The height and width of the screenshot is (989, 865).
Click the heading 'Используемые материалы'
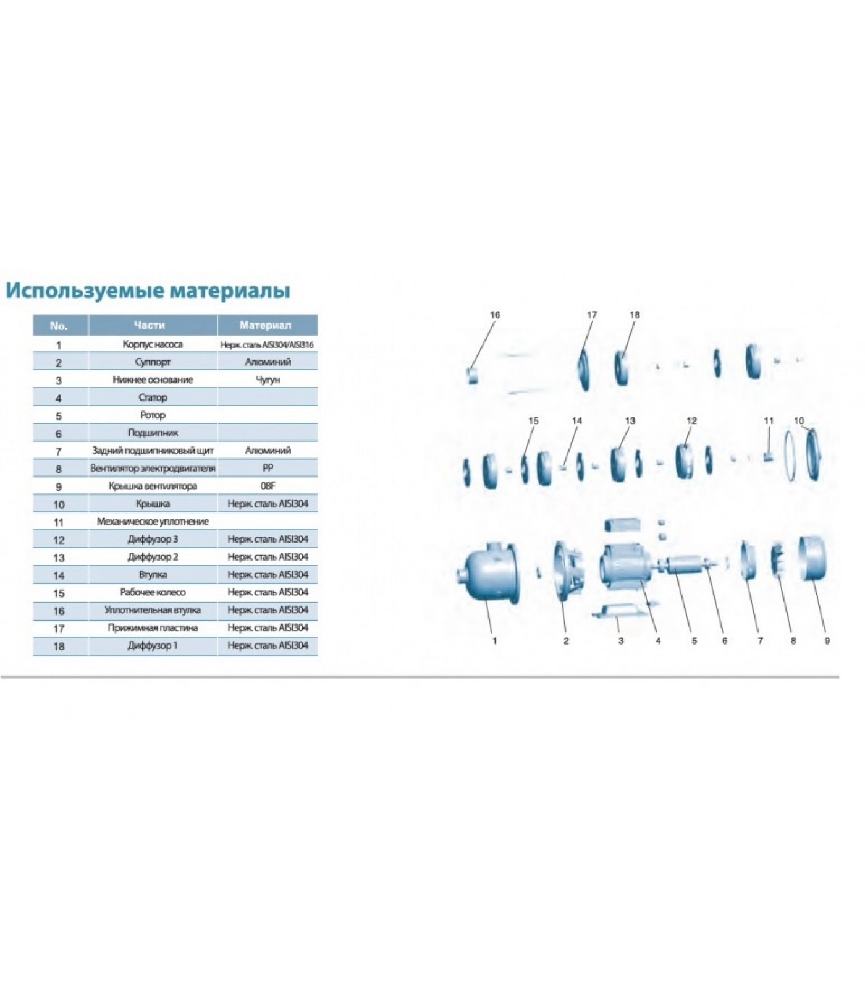coord(148,291)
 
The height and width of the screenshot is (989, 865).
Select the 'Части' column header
coord(150,325)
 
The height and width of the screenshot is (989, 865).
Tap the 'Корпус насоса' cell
coord(153,344)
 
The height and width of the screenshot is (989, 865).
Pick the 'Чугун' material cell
coord(268,380)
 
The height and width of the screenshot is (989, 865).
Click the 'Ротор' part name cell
coord(153,415)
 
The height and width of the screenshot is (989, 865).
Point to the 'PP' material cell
coord(268,469)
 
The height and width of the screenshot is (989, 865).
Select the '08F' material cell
coord(268,486)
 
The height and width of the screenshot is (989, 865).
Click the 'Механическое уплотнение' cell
coord(153,522)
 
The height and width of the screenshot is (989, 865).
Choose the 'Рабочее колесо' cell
coord(153,592)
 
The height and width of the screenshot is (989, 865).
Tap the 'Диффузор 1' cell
coord(153,645)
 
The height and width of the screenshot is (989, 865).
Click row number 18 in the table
coord(59,647)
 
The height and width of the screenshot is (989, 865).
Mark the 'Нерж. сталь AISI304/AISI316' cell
coord(268,345)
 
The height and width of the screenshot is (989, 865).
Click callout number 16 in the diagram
coord(495,315)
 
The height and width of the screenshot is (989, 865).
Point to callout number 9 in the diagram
coord(827,641)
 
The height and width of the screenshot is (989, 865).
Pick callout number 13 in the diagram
coord(630,421)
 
